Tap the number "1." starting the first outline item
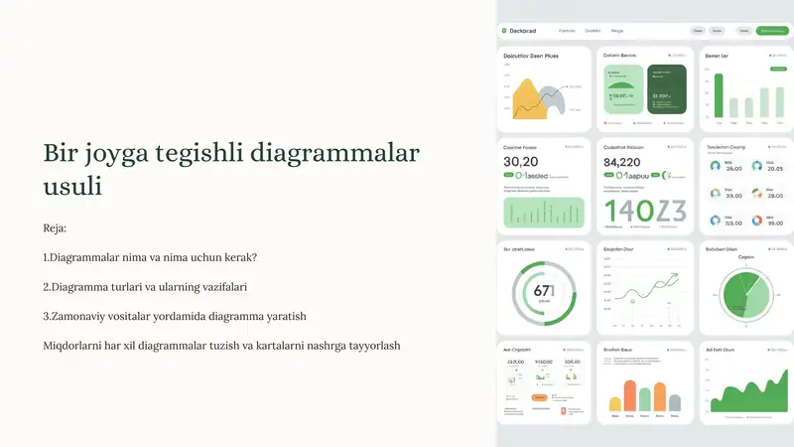[47, 257]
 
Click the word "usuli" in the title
[72, 187]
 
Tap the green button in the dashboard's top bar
[771, 31]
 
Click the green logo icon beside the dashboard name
[504, 31]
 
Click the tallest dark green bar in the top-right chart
[719, 95]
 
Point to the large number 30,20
[521, 162]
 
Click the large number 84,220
[622, 162]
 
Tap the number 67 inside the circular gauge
[542, 291]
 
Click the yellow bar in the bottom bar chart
[615, 402]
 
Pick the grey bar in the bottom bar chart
[675, 401]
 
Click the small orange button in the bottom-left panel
[539, 397]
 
